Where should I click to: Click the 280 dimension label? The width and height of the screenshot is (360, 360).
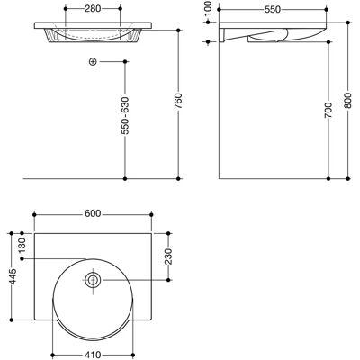93,9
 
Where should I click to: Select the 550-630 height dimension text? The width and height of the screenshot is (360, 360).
125,115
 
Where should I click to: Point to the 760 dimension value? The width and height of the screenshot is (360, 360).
178,101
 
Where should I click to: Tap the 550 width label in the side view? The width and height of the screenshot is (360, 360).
273,10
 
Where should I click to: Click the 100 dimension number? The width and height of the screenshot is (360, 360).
208,8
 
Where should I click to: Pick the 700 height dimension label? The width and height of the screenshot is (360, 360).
328,110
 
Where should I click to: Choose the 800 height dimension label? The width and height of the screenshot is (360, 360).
347,101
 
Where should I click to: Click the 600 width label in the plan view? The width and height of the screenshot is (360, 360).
93,213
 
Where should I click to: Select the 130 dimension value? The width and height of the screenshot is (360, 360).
22,246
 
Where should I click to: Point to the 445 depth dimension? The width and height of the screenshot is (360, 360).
12,276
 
